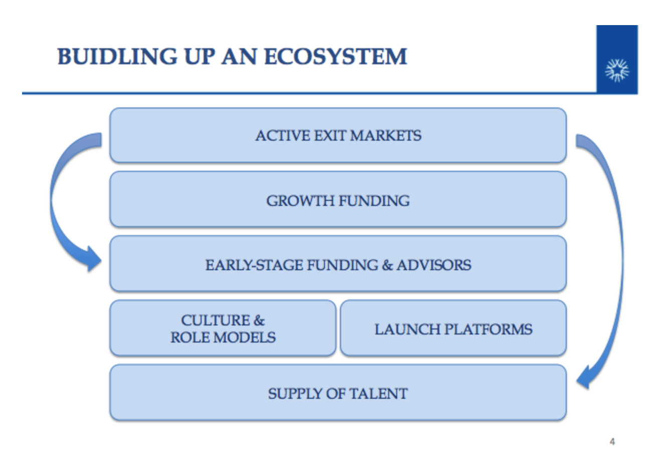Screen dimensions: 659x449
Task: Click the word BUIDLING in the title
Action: coord(117,56)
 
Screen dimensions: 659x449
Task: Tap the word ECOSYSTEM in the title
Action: coord(336,56)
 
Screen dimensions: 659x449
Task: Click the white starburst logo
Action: coord(617,70)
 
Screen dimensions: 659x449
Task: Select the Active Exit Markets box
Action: coord(338,135)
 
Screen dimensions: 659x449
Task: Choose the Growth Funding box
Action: coord(338,199)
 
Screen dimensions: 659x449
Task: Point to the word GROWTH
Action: coord(300,201)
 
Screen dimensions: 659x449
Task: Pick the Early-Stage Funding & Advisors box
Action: coord(338,264)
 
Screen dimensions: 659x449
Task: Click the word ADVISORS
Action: coord(434,265)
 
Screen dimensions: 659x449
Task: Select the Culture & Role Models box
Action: coord(223,328)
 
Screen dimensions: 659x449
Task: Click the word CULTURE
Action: coord(215,320)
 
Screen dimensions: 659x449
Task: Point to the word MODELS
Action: coord(244,338)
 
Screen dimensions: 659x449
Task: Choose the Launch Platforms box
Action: coord(453,328)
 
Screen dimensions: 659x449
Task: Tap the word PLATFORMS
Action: coord(488,329)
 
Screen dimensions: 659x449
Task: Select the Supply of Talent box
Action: coord(338,392)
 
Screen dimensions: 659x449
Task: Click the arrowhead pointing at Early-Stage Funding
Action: coord(94,259)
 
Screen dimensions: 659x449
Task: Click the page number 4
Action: coord(612,441)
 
